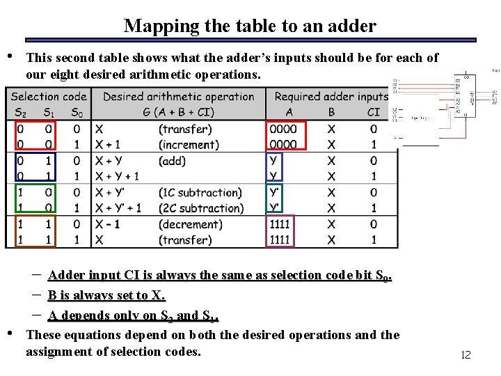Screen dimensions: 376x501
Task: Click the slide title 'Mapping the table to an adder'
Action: click(250, 26)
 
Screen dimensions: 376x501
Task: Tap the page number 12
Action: click(466, 355)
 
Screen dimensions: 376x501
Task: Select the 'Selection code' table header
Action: click(49, 97)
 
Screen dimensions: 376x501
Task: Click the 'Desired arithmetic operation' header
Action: click(178, 97)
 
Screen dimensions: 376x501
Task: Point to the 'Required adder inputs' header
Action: click(331, 97)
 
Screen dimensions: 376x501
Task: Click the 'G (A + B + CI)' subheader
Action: click(179, 112)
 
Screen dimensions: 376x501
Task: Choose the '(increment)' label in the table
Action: click(189, 145)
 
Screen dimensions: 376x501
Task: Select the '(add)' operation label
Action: click(173, 161)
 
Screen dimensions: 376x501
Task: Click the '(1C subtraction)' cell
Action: click(200, 193)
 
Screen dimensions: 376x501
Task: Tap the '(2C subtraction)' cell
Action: click(201, 208)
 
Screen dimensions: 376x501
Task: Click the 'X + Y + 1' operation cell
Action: click(117, 177)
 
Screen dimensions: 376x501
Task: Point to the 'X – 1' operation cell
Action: click(107, 224)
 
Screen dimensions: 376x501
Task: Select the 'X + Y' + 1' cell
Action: click(118, 208)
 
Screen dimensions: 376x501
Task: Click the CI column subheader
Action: click(374, 112)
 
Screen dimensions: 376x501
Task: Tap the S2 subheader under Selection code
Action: click(20, 112)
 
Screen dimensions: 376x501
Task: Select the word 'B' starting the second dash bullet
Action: click(52, 296)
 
